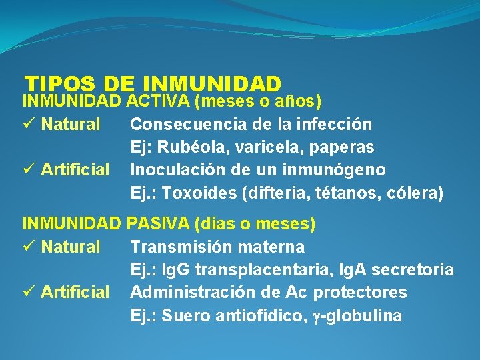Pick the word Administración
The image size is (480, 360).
tap(193, 292)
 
